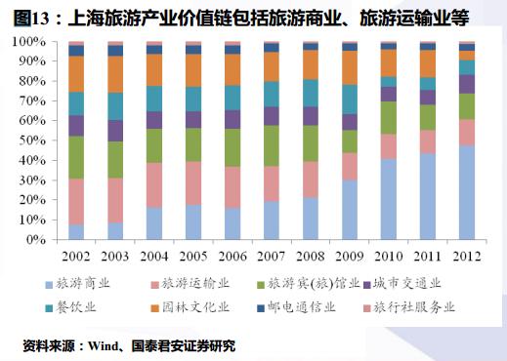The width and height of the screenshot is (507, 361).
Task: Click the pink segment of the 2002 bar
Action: (x=76, y=202)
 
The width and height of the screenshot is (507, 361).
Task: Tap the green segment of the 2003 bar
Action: (x=114, y=160)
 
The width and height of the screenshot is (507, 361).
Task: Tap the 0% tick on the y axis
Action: (x=36, y=239)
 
